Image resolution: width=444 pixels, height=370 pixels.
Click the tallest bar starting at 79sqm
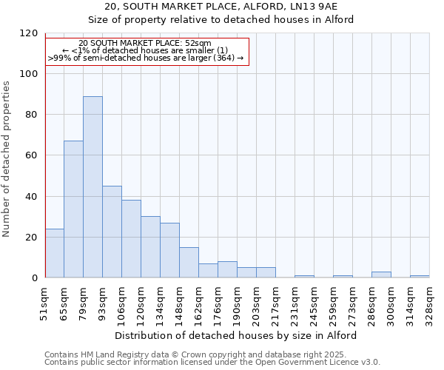[92, 186]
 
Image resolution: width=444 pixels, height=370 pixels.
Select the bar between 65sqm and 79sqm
[73, 209]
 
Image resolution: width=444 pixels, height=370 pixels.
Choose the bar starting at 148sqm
[189, 262]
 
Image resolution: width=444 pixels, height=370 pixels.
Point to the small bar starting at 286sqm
[381, 275]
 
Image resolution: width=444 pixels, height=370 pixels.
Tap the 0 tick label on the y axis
[34, 278]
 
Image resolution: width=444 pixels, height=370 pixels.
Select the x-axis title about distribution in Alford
[237, 335]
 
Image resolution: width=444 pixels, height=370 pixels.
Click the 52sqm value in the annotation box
[198, 44]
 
